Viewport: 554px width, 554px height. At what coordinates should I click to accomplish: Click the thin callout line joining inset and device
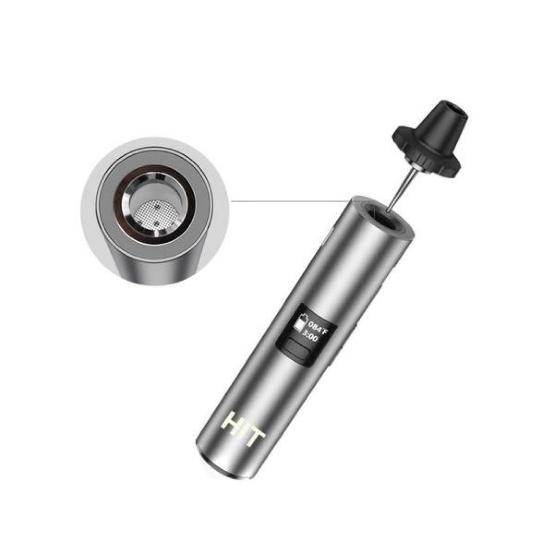click(x=288, y=200)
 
